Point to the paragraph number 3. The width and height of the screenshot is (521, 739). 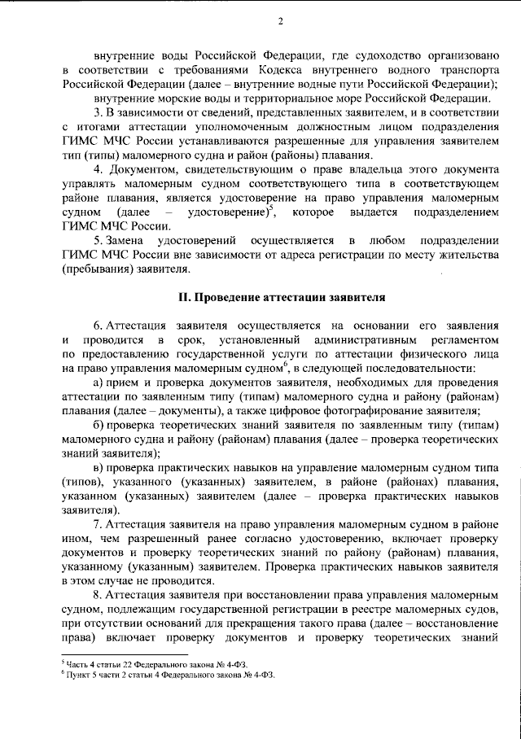click(97, 112)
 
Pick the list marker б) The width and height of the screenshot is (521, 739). click(99, 425)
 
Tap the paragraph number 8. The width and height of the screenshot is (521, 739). click(97, 596)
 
